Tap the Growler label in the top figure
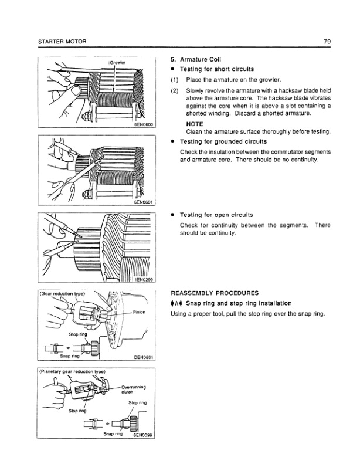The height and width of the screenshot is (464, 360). (x=118, y=62)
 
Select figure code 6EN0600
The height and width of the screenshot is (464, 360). (x=140, y=124)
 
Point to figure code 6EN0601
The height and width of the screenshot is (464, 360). (x=140, y=203)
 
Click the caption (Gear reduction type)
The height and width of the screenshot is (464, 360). (x=63, y=293)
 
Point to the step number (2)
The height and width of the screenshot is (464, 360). (x=174, y=92)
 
